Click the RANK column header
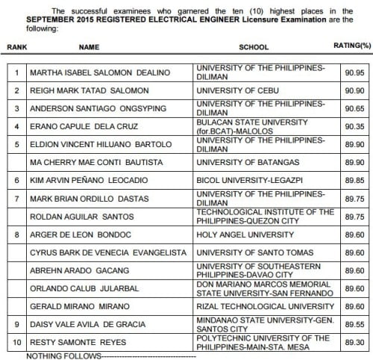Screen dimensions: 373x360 point(16,46)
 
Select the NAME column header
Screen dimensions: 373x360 point(89,46)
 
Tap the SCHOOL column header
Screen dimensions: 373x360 point(254,46)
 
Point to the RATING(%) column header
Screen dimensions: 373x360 point(352,46)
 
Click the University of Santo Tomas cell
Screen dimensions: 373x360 point(247,252)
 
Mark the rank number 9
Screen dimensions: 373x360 point(16,325)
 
